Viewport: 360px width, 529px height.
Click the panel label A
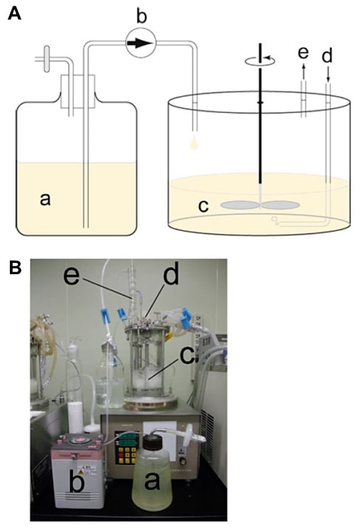click(15, 14)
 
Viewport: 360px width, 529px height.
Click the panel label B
click(15, 269)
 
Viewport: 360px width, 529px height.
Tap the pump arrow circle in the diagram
click(141, 43)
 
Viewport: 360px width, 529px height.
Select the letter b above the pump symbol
click(142, 16)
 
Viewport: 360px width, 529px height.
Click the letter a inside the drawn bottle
click(45, 199)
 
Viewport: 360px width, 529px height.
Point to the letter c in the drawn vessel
click(203, 206)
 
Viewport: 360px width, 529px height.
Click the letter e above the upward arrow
click(304, 52)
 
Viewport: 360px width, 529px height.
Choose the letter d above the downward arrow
click(327, 55)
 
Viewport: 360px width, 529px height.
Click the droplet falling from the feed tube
click(195, 143)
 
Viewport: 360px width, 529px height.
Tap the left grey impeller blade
click(240, 205)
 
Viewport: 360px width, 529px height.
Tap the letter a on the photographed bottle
click(152, 479)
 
